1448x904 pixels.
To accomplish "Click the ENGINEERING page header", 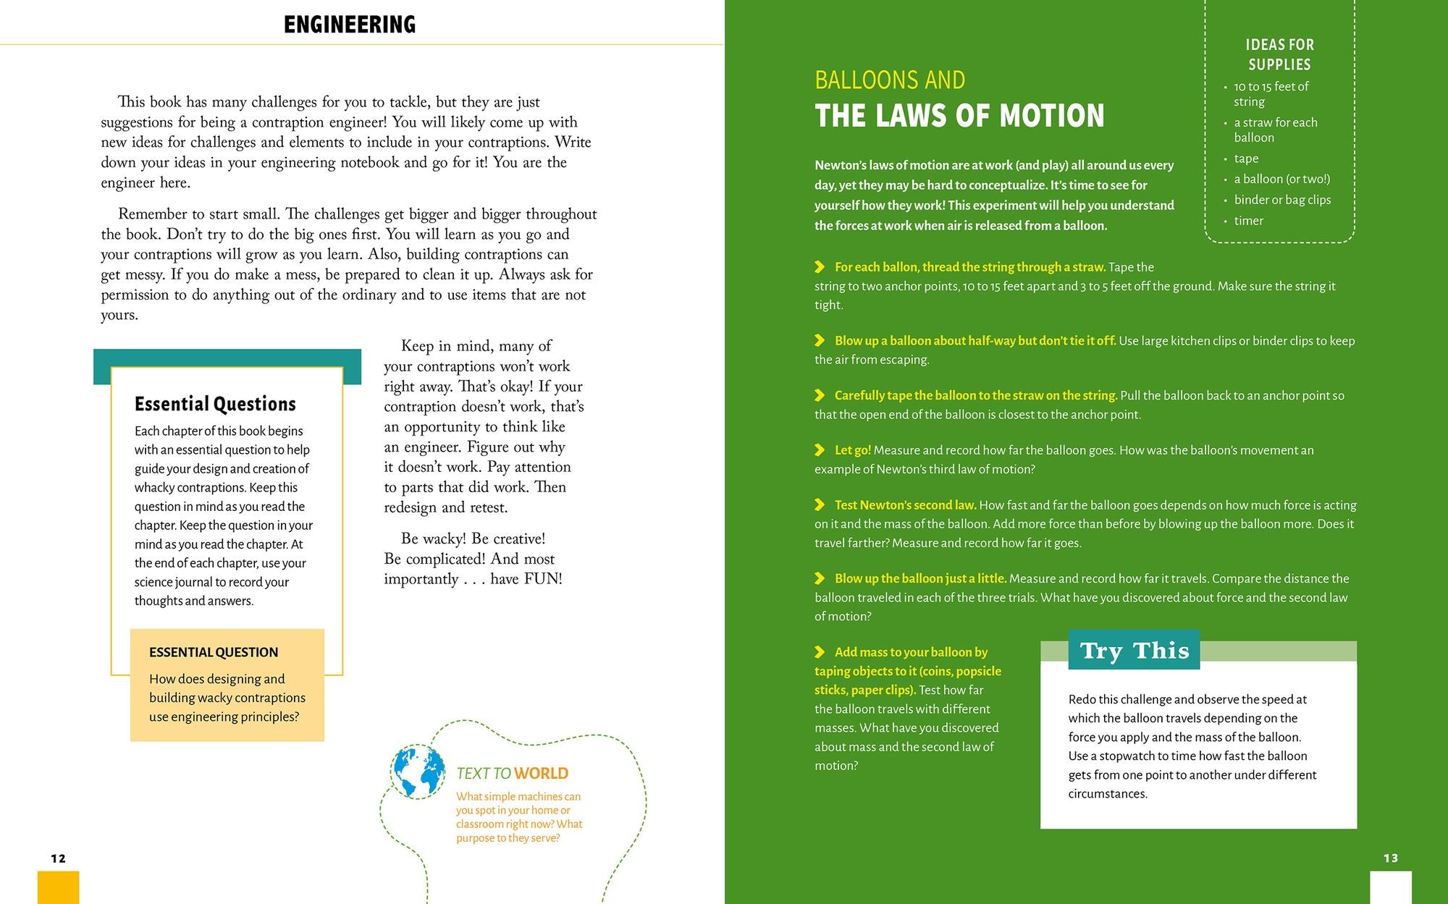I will (x=350, y=25).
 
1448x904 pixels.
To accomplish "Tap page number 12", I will (x=59, y=858).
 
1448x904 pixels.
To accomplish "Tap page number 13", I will (x=1391, y=858).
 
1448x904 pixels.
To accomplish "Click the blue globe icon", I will (x=418, y=772).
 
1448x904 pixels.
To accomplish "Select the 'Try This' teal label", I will (x=1134, y=650).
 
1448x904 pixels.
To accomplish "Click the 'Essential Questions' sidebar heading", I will (x=215, y=404).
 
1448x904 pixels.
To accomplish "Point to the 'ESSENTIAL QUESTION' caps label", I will (x=214, y=652).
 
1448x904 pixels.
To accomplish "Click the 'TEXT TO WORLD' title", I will (x=512, y=774).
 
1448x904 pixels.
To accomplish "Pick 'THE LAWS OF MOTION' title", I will (x=959, y=116).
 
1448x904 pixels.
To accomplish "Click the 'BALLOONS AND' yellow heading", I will (x=890, y=80).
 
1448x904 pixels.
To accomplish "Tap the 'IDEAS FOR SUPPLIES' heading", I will (x=1279, y=54).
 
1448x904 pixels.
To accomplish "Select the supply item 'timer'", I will (x=1248, y=221).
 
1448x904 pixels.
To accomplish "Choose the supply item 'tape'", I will (x=1246, y=159).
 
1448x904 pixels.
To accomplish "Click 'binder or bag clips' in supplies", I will (x=1282, y=200).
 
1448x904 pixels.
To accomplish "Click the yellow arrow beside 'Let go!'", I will (x=820, y=450).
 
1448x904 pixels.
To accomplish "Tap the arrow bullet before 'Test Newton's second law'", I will (x=820, y=505).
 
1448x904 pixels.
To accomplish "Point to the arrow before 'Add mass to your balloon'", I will (x=820, y=652).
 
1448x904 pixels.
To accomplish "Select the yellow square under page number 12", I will (x=58, y=887).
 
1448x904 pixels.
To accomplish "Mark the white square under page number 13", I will (x=1390, y=887).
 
